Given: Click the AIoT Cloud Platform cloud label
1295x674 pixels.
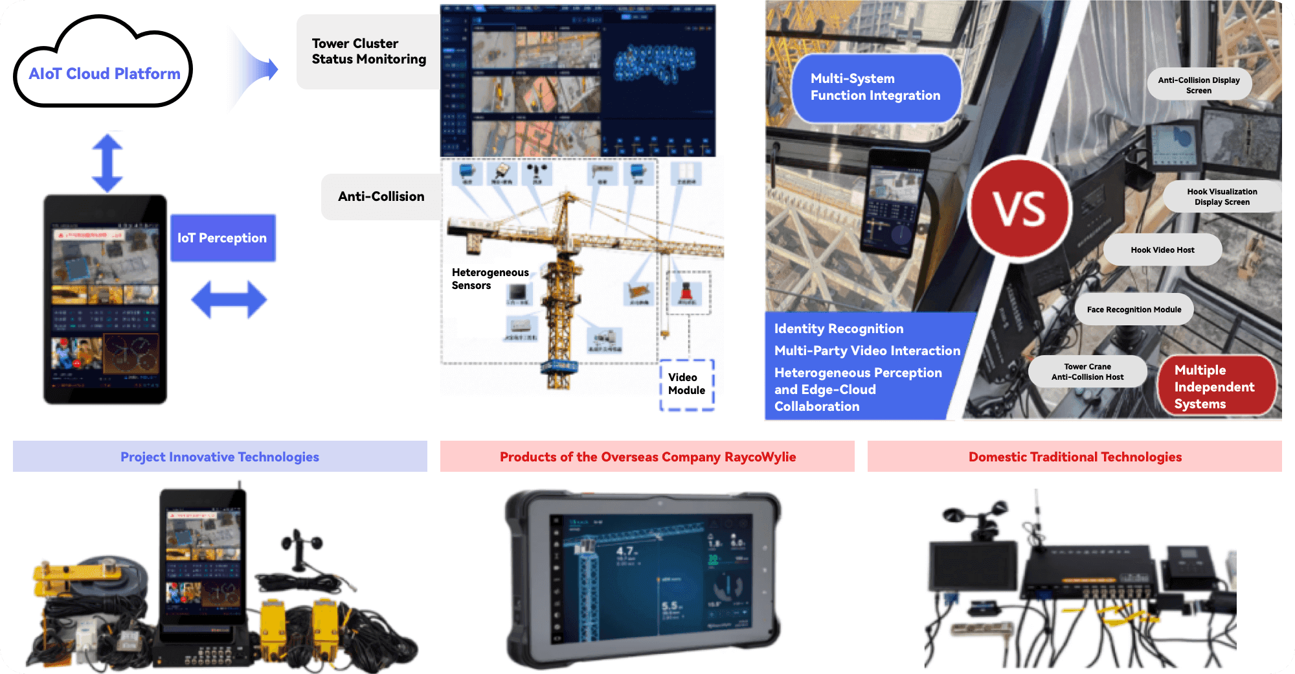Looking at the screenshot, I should point(104,74).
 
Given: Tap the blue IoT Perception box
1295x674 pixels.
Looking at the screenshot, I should point(223,238).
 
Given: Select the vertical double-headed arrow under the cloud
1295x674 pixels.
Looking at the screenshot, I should point(107,162).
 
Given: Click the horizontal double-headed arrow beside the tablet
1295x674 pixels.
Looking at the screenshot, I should point(229,299).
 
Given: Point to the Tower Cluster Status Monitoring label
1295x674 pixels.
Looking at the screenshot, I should point(368,51).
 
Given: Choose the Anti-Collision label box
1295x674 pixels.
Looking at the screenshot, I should point(381,196).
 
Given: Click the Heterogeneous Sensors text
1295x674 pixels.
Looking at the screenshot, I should point(490,279).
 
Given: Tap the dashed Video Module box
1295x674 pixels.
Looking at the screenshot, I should point(686,384).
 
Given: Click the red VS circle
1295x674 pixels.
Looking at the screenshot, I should point(1020,209).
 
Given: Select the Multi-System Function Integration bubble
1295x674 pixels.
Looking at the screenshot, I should point(875,87).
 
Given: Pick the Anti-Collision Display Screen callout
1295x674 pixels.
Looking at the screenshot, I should point(1199,85).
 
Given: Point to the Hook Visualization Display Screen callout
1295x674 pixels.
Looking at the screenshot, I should point(1222,196).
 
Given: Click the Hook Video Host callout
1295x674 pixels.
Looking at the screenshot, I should point(1162,250).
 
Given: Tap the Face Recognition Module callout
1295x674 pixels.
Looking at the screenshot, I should point(1134,310).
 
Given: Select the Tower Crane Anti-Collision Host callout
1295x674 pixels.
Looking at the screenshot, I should point(1087,371).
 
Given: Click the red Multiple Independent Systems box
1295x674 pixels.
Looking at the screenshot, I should point(1215,387).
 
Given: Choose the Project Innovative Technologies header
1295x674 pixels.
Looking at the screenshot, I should point(220,457).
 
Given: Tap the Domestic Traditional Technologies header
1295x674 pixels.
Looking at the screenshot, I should point(1075,457).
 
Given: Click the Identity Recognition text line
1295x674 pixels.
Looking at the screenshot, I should point(839,329).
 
